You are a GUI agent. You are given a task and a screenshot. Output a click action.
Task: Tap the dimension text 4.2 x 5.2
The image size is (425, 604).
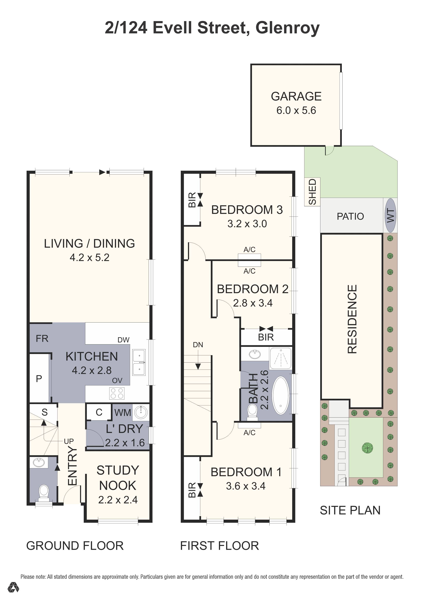(x=89, y=257)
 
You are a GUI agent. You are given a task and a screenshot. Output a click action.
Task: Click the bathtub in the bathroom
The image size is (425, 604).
(x=281, y=395)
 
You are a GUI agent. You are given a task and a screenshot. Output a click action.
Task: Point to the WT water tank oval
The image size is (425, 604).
(x=390, y=215)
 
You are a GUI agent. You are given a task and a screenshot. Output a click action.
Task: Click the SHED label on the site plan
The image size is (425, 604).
(x=312, y=192)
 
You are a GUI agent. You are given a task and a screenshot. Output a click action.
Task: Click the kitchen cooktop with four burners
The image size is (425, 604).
(x=117, y=394)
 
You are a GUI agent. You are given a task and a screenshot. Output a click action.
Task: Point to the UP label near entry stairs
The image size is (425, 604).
(x=69, y=441)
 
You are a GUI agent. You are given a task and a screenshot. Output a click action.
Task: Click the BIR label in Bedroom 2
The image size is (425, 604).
(x=266, y=337)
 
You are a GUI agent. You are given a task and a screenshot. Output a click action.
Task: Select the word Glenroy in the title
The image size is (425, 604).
(x=288, y=28)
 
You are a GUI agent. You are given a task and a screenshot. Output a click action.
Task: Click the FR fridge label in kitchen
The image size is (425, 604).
(x=42, y=339)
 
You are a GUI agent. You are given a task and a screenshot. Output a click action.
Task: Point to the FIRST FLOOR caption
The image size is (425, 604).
(x=220, y=546)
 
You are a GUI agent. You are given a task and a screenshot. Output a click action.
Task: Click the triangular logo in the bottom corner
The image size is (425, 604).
(x=13, y=594)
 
